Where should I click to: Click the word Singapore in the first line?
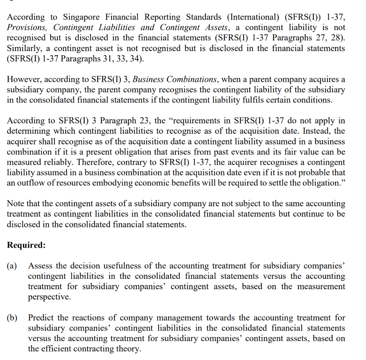tap(82, 17)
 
